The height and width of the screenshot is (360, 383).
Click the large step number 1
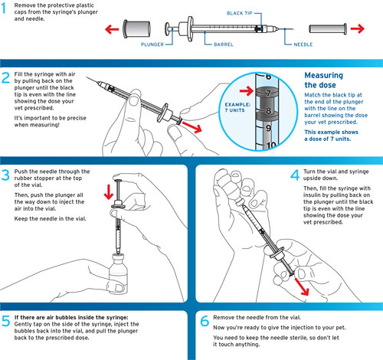(8, 10)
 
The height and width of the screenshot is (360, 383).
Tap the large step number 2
(8, 78)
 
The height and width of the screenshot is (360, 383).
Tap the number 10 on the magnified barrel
(270, 144)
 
